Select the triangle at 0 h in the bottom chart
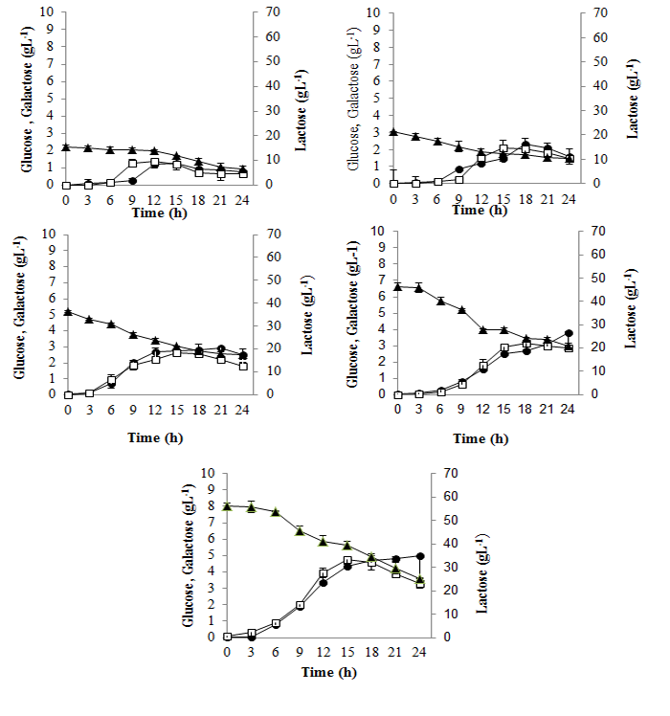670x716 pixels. tap(227, 506)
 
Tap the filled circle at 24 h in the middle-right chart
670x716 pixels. tap(569, 333)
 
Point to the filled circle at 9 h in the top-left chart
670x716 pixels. tap(132, 181)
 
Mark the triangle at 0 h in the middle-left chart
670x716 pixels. tap(67, 312)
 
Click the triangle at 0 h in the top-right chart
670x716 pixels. tap(393, 132)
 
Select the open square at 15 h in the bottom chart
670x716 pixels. tap(347, 560)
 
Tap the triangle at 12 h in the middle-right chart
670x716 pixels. tap(483, 329)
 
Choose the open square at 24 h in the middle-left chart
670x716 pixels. tap(243, 366)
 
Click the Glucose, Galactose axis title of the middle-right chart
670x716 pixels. tap(352, 312)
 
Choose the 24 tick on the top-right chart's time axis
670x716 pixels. tap(569, 198)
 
